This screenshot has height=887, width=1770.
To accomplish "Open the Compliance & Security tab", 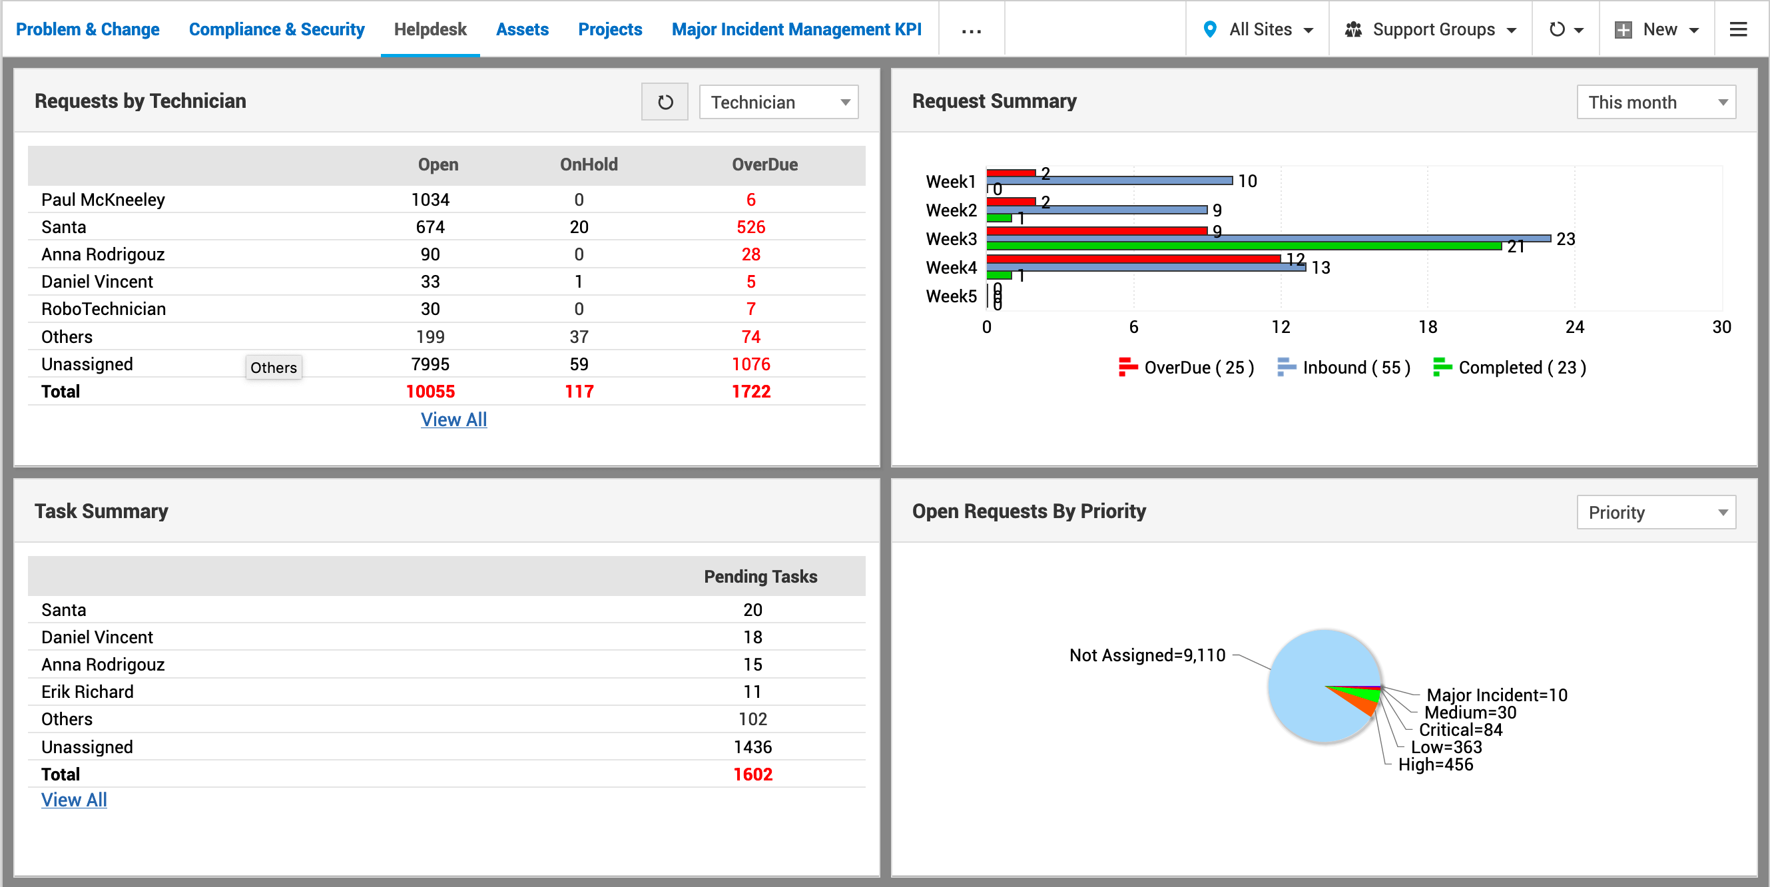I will pyautogui.click(x=276, y=29).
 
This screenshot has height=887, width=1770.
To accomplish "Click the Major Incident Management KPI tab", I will pyautogui.click(x=796, y=29).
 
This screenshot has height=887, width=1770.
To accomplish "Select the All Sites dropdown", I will pyautogui.click(x=1259, y=29).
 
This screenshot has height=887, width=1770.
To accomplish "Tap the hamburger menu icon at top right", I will pyautogui.click(x=1738, y=29).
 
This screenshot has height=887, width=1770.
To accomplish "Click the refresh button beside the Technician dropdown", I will pyautogui.click(x=665, y=103).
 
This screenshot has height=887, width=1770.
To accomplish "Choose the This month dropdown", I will pyautogui.click(x=1655, y=103).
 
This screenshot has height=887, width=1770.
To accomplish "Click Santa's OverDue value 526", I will pyautogui.click(x=750, y=228).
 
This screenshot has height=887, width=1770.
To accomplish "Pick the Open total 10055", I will pyautogui.click(x=430, y=392).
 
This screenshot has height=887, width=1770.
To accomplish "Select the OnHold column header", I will pyautogui.click(x=588, y=165).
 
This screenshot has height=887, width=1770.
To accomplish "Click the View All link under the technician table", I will pyautogui.click(x=453, y=420).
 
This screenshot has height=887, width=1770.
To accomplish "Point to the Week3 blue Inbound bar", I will pyautogui.click(x=1268, y=238).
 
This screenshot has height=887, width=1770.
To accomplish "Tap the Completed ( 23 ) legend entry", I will pyautogui.click(x=1510, y=368).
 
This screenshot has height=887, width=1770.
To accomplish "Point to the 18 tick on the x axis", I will pyautogui.click(x=1427, y=327).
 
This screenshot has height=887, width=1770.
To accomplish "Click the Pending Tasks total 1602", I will pyautogui.click(x=752, y=774).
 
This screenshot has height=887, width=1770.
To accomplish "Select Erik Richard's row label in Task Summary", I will pyautogui.click(x=87, y=692).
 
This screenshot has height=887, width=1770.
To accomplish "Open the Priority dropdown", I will pyautogui.click(x=1655, y=513).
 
